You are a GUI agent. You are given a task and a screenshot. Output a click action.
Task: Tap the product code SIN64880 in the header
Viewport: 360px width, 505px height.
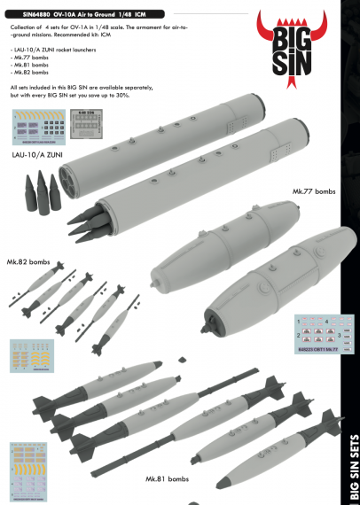[x=33, y=9]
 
